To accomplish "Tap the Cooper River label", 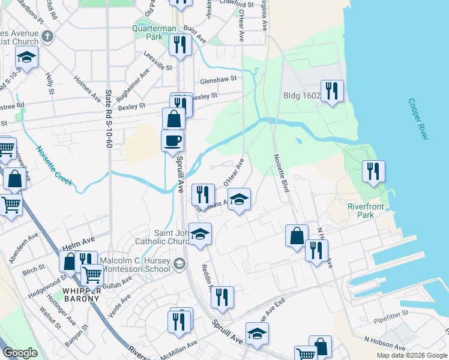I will pyautogui.click(x=418, y=119).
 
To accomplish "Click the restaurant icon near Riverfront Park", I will pyautogui.click(x=373, y=171).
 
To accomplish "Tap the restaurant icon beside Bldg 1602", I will pyautogui.click(x=332, y=91).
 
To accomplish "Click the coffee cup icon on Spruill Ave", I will pyautogui.click(x=173, y=140).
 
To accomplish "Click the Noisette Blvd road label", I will pyautogui.click(x=282, y=172).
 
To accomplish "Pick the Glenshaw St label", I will pyautogui.click(x=219, y=79).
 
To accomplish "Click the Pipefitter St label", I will pyautogui.click(x=390, y=313).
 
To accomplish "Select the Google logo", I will pyautogui.click(x=20, y=353).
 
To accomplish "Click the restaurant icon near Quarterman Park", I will pyautogui.click(x=180, y=44).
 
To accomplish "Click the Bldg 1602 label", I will pyautogui.click(x=302, y=95).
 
